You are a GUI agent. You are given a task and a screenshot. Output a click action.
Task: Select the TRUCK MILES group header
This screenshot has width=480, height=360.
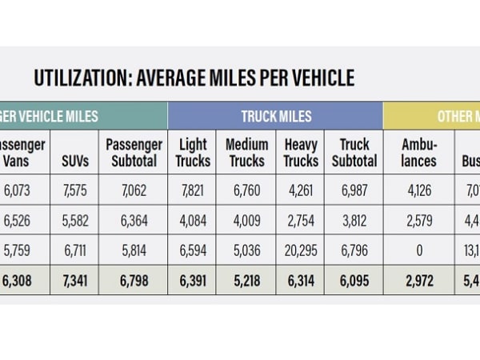275,117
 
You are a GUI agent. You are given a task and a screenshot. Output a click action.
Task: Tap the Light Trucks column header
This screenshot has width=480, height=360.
193,153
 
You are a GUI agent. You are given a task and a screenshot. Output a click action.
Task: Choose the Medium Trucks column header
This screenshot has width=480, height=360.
246,153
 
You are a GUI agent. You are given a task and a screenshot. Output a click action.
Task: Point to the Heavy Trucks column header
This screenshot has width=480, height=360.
301,153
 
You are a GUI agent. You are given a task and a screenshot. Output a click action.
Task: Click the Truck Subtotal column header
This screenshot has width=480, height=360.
354,153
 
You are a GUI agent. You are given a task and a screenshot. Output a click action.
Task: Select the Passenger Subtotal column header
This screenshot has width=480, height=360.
134,153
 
